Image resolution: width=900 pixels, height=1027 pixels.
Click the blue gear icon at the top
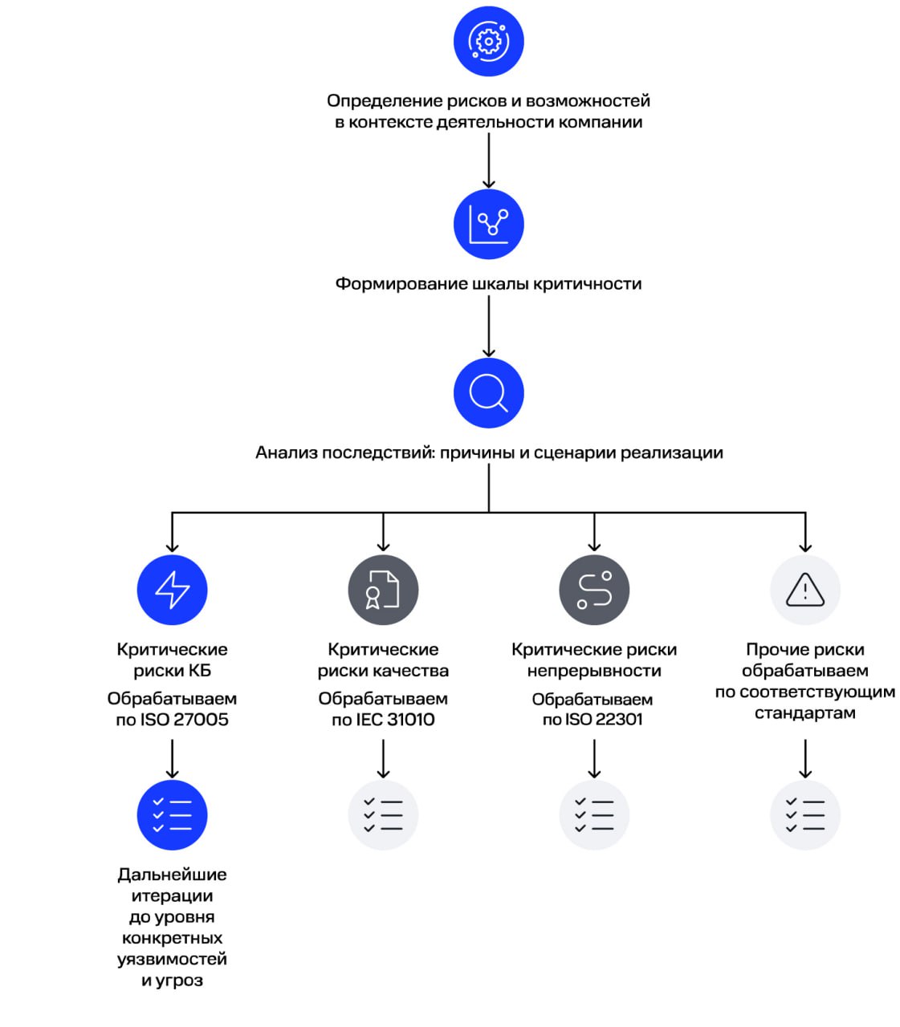(x=489, y=41)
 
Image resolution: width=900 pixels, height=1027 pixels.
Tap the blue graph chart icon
(x=489, y=225)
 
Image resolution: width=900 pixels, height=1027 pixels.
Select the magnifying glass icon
(x=489, y=393)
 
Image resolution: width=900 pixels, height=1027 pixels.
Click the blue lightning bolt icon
(x=173, y=590)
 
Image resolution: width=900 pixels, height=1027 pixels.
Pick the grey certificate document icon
(x=383, y=590)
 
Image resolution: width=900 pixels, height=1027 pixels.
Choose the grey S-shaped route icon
(x=594, y=590)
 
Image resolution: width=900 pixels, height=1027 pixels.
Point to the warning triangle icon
(x=805, y=590)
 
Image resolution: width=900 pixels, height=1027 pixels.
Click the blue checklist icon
(x=173, y=814)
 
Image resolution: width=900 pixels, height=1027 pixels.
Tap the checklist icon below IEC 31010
(x=383, y=814)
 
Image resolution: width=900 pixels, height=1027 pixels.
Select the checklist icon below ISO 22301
(x=594, y=814)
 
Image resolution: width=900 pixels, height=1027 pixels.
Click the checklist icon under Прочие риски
(x=805, y=814)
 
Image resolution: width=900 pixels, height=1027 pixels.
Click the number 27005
(x=202, y=720)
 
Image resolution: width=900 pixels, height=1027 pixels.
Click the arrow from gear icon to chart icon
(x=489, y=160)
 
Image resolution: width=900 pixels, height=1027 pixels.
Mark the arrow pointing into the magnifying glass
(x=489, y=327)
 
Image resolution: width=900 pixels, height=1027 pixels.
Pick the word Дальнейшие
(x=173, y=875)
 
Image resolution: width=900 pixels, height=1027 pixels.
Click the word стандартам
(x=805, y=712)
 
